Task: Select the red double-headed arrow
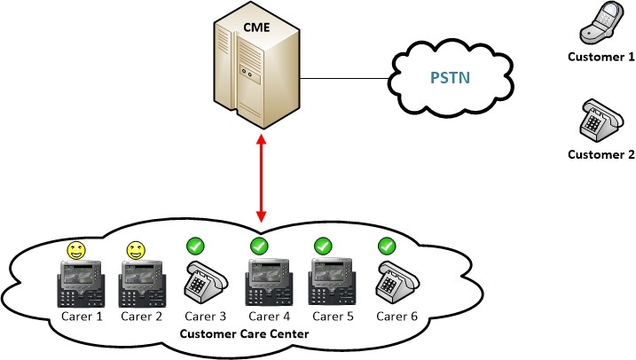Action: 261,177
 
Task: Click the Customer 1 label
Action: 601,58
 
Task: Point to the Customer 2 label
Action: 601,153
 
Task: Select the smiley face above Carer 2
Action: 136,251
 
